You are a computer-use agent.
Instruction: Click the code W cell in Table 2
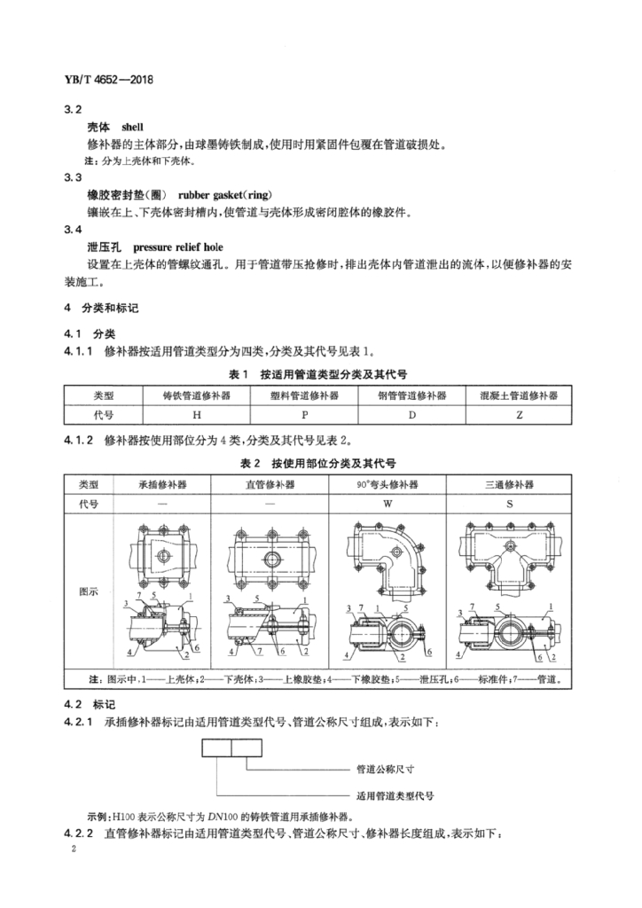[387, 503]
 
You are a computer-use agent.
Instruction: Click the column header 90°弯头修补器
[387, 484]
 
